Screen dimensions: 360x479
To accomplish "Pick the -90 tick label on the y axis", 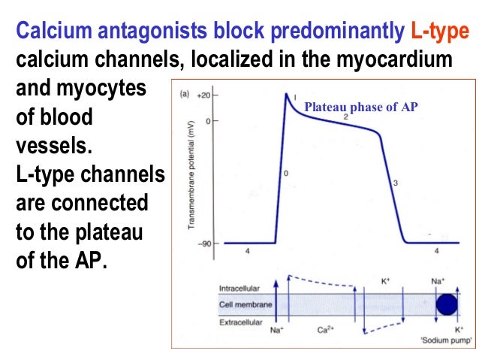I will [x=203, y=243].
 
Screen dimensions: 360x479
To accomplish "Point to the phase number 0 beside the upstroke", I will [x=285, y=174].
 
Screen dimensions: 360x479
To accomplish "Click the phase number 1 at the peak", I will [x=295, y=97].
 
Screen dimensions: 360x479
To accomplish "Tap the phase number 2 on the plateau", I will [x=345, y=117].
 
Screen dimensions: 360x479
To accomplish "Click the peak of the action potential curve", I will [x=286, y=94].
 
